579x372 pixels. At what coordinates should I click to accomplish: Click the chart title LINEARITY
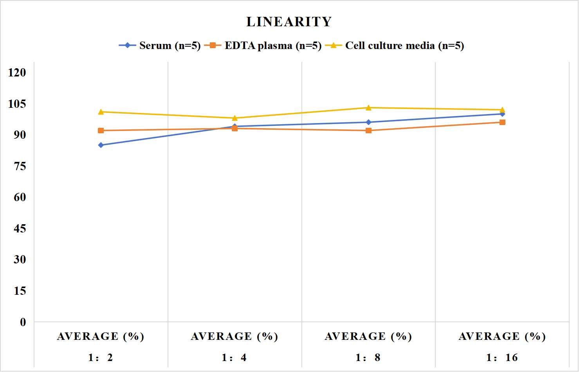pyautogui.click(x=289, y=22)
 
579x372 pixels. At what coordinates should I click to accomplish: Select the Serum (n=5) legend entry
pyautogui.click(x=160, y=45)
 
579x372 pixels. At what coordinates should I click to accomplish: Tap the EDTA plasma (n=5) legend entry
pyautogui.click(x=263, y=45)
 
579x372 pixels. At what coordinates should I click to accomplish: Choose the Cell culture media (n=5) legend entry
pyautogui.click(x=395, y=45)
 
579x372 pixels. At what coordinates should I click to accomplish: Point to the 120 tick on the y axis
pyautogui.click(x=17, y=73)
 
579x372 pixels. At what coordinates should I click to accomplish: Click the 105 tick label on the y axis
pyautogui.click(x=17, y=104)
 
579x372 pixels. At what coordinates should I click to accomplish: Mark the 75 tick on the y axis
pyautogui.click(x=20, y=166)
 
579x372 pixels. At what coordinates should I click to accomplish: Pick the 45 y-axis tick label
pyautogui.click(x=20, y=229)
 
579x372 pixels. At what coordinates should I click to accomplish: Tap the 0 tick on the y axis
pyautogui.click(x=23, y=322)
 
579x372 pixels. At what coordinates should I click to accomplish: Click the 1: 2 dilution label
pyautogui.click(x=101, y=357)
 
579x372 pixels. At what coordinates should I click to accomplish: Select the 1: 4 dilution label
pyautogui.click(x=234, y=357)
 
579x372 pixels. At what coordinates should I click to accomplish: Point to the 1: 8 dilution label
pyautogui.click(x=368, y=357)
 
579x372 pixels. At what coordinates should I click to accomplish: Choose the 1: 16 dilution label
pyautogui.click(x=502, y=357)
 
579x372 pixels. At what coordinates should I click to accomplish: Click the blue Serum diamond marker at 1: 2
pyautogui.click(x=101, y=145)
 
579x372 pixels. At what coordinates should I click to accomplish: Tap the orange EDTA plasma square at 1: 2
pyautogui.click(x=101, y=131)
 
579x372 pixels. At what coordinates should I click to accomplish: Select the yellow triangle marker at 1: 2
pyautogui.click(x=101, y=112)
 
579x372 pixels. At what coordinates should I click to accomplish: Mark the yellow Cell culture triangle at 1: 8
pyautogui.click(x=369, y=108)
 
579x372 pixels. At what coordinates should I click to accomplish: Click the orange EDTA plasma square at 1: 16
pyautogui.click(x=502, y=122)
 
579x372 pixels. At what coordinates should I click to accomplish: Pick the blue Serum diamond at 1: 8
pyautogui.click(x=369, y=122)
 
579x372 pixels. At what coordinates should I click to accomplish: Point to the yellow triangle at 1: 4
pyautogui.click(x=235, y=118)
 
